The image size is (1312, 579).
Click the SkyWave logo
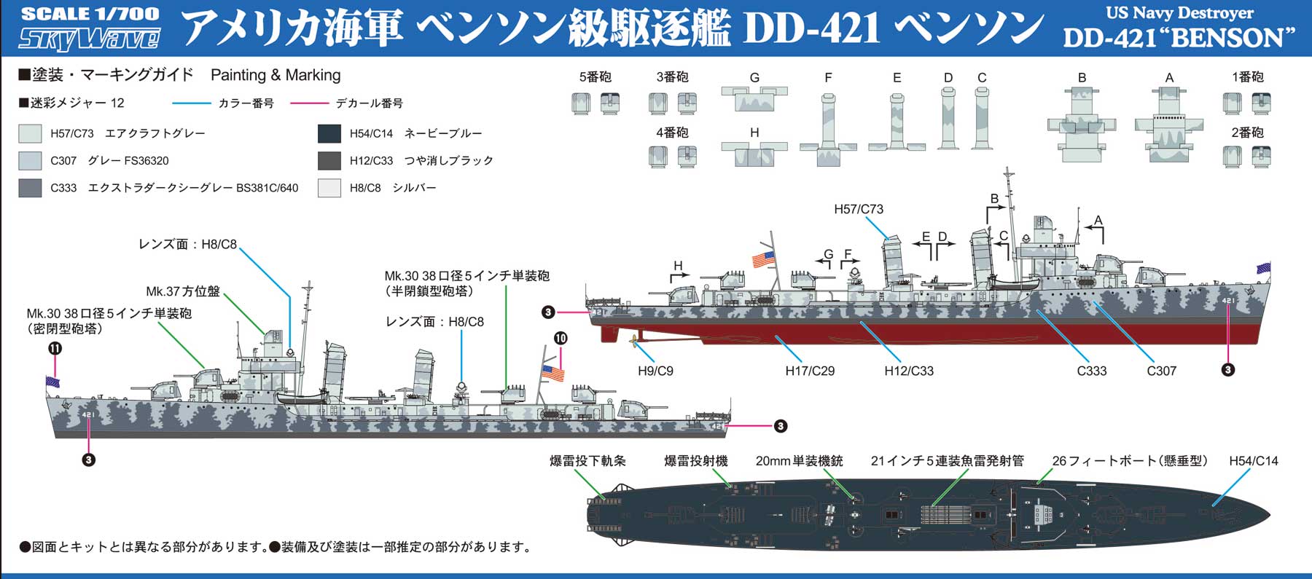pyautogui.click(x=89, y=39)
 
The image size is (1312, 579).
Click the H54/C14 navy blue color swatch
pyautogui.click(x=329, y=133)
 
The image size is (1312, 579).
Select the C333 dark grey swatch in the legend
pyautogui.click(x=30, y=188)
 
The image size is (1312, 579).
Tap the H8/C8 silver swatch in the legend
pyautogui.click(x=329, y=188)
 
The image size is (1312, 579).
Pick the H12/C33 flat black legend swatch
pyautogui.click(x=329, y=160)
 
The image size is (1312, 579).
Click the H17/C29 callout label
pyautogui.click(x=810, y=371)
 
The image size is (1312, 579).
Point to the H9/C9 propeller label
pyautogui.click(x=655, y=371)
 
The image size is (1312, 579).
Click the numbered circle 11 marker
pyautogui.click(x=55, y=348)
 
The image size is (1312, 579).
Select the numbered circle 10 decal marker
pyautogui.click(x=561, y=338)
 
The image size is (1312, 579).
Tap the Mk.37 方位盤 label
pyautogui.click(x=183, y=291)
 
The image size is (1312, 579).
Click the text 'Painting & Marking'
pyautogui.click(x=275, y=75)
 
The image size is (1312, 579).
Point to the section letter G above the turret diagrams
pyautogui.click(x=754, y=77)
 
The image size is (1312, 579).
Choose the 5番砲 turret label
pyautogui.click(x=595, y=76)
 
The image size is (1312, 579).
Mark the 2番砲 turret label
pyautogui.click(x=1247, y=133)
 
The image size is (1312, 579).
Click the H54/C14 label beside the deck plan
pyautogui.click(x=1253, y=460)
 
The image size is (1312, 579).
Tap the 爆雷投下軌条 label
pyautogui.click(x=587, y=460)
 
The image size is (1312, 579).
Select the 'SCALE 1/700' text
pyautogui.click(x=90, y=14)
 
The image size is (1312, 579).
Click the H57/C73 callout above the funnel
pyautogui.click(x=858, y=209)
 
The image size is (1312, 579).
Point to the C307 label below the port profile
pyautogui.click(x=1161, y=371)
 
